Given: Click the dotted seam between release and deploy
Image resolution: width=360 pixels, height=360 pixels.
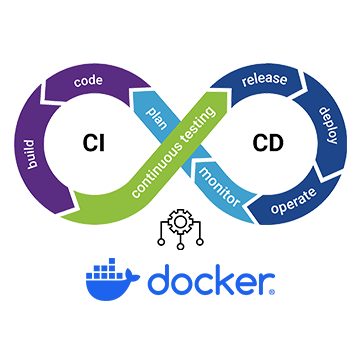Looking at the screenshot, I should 305,88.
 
